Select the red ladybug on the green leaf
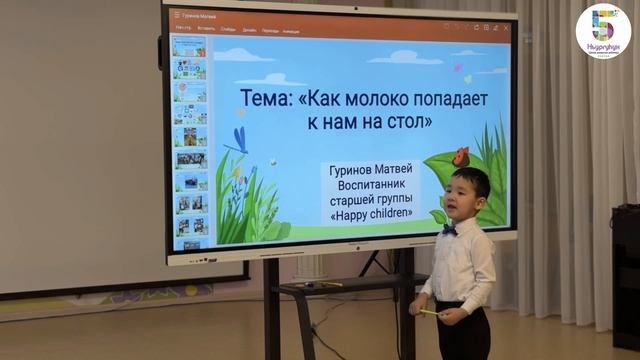(x=460, y=157)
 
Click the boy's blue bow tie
(x=450, y=230)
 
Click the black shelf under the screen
(x=330, y=289)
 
